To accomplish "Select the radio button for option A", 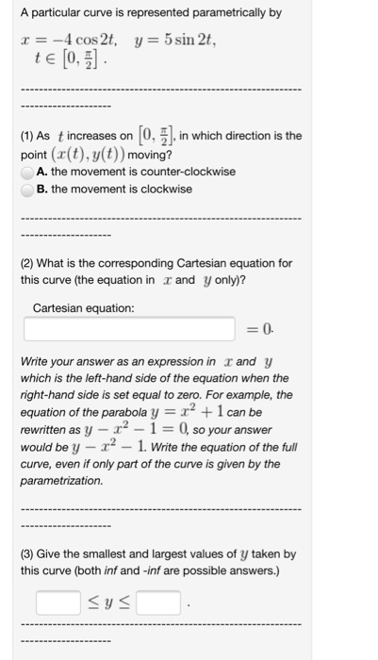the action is pos(28,173).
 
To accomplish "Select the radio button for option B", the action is pos(28,190).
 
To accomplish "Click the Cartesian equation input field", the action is pos(129,329).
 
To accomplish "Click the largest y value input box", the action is pos(157,601).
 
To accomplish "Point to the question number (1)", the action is pos(28,137).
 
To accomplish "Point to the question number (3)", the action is pos(28,554).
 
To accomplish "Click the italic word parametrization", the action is pos(62,481).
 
